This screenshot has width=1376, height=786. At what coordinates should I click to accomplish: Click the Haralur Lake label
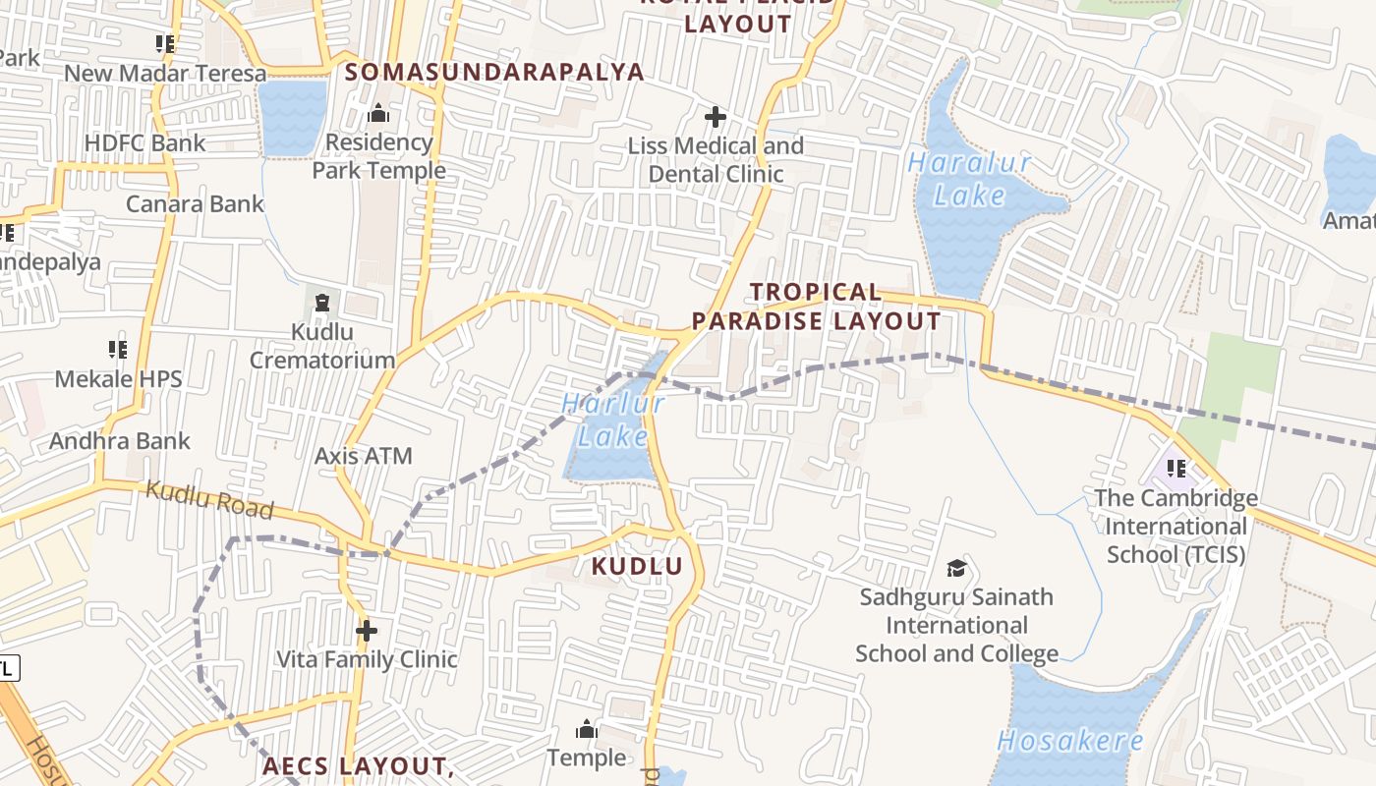(x=969, y=178)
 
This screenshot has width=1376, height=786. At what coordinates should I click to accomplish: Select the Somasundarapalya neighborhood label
(x=494, y=72)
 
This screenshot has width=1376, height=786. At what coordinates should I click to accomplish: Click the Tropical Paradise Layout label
(x=816, y=307)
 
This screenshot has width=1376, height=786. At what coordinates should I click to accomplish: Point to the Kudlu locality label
(x=637, y=566)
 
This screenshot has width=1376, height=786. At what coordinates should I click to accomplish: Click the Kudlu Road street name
(x=209, y=499)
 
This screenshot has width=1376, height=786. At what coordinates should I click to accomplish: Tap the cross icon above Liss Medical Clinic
(x=716, y=118)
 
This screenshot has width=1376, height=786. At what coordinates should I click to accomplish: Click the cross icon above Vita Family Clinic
(x=367, y=630)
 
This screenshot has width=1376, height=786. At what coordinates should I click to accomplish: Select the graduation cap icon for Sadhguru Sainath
(x=956, y=568)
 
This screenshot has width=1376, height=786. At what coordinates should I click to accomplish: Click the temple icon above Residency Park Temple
(x=378, y=114)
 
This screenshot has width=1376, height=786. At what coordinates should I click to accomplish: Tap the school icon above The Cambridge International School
(x=1176, y=469)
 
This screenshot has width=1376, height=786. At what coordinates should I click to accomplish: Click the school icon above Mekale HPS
(x=118, y=350)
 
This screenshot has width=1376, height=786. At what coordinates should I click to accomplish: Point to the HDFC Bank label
(x=145, y=143)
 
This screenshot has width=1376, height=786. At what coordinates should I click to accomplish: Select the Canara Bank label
(x=195, y=204)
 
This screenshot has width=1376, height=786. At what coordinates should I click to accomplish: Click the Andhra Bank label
(x=119, y=440)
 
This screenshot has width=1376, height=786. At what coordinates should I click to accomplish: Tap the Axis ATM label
(x=363, y=456)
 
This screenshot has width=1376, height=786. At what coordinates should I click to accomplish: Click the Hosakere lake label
(x=1070, y=741)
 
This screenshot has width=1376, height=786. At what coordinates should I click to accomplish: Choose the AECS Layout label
(x=356, y=765)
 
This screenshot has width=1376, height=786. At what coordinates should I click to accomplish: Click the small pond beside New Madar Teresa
(x=292, y=117)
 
